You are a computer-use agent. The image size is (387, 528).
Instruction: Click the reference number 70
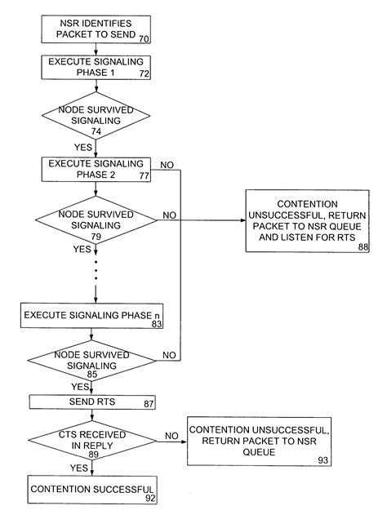[x=144, y=38]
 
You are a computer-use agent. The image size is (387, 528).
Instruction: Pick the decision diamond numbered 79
[x=96, y=219]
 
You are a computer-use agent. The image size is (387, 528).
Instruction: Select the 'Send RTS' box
[x=91, y=402]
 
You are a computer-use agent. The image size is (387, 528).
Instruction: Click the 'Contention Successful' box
[x=91, y=490]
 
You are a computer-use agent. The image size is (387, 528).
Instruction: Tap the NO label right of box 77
[x=167, y=165]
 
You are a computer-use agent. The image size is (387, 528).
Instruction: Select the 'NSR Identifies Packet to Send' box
[x=96, y=29]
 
